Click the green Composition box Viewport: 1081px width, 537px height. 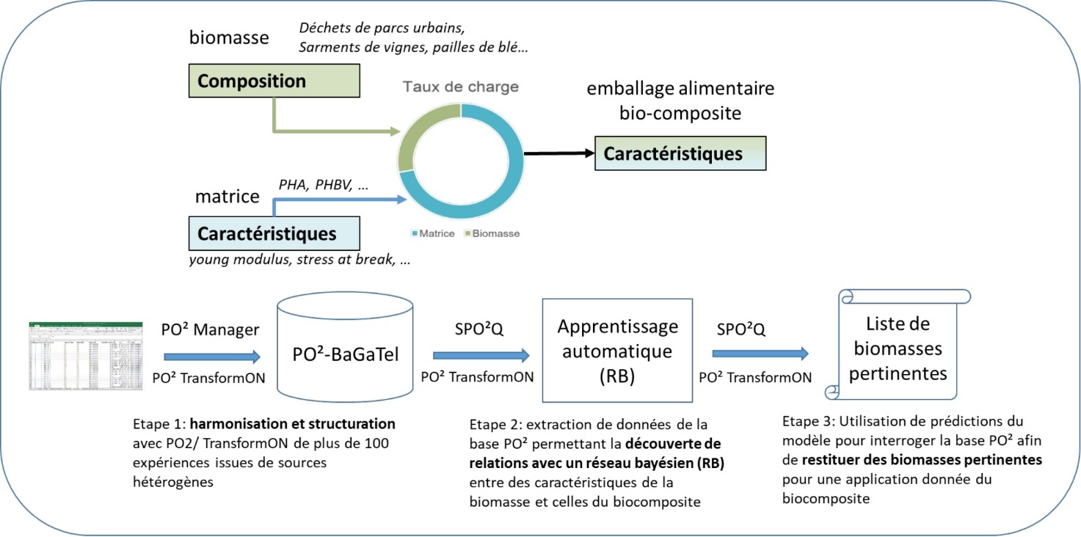[274, 81]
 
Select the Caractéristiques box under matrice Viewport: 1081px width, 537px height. [274, 234]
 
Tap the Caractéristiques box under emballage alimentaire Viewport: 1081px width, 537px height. [680, 153]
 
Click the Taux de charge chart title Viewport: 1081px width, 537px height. [460, 87]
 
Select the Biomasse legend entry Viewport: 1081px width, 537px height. [492, 233]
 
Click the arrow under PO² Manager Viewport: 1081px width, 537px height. [211, 357]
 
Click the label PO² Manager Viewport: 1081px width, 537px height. [210, 330]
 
